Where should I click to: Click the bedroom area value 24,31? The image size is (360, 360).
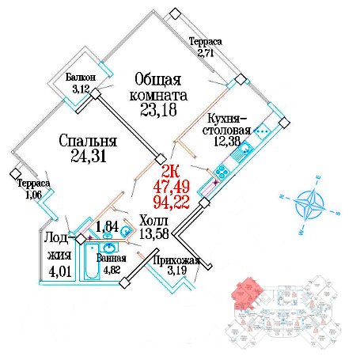pos(89,156)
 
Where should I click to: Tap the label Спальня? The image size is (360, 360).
pos(88,141)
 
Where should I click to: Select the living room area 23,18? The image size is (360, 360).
pos(158,110)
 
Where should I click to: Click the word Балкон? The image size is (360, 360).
pos(81,78)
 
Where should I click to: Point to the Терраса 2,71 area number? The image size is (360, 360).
pos(206,53)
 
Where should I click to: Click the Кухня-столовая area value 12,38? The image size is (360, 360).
pos(227,141)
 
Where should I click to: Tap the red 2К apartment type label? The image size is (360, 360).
pos(170,172)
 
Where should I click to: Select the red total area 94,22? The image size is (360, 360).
pos(172,203)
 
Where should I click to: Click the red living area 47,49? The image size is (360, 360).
pos(172,187)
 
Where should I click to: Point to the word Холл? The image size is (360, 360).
pos(153,221)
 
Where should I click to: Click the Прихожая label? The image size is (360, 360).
pos(176,260)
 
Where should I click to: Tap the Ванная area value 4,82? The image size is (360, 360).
pos(112,270)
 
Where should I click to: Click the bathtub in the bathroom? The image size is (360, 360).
pos(92,261)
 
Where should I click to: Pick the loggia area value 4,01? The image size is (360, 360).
pos(60,271)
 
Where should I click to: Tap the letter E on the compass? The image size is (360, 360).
pos(319,177)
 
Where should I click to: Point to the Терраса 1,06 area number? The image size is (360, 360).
pos(33,195)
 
